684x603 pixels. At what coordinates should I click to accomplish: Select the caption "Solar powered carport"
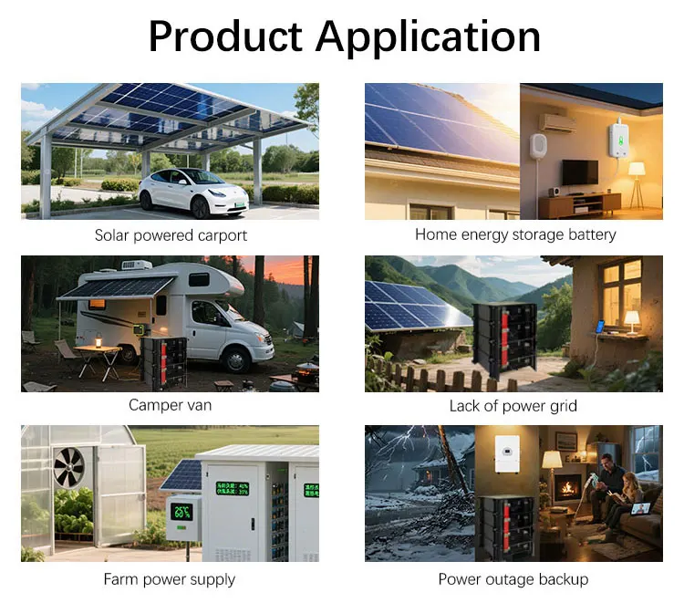[171, 235]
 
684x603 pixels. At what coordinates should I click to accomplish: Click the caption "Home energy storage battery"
[515, 234]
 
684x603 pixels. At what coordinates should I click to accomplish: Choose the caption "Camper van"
[171, 404]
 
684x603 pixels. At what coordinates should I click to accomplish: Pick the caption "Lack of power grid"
[513, 405]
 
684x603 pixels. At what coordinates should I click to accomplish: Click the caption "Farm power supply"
[170, 579]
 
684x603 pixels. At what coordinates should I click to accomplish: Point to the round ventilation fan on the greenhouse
[69, 466]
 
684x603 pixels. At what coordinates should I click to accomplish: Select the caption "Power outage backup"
[513, 579]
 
